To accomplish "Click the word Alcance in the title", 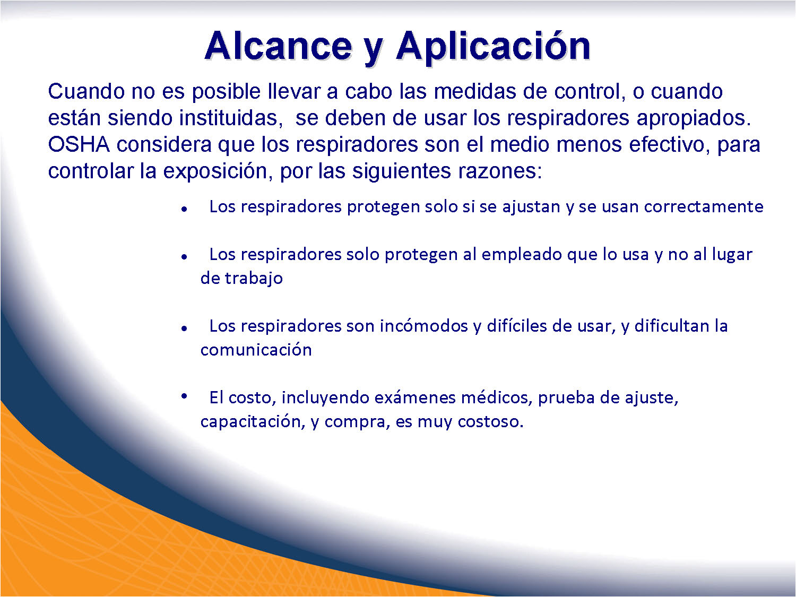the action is point(278,46).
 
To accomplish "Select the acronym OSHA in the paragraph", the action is point(79,144).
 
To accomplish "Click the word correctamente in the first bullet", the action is point(704,207).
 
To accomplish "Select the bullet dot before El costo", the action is point(184,396).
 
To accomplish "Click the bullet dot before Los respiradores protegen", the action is point(184,209).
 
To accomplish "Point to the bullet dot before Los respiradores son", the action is point(184,328).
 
